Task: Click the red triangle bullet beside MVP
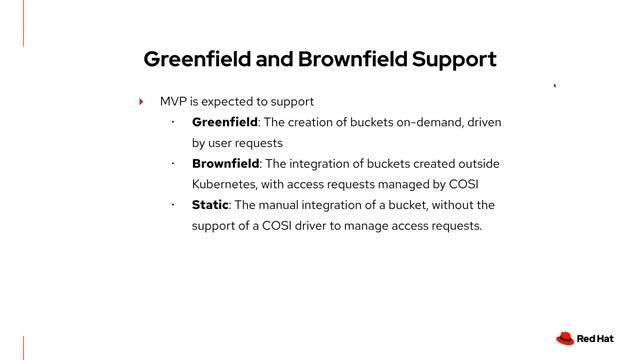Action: (142, 102)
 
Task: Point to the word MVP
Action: (173, 102)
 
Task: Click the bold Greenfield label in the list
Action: (225, 122)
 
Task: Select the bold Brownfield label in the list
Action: (226, 163)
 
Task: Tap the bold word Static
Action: (210, 205)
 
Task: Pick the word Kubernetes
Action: (226, 184)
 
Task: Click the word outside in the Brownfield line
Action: (479, 163)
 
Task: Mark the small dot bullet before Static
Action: (172, 204)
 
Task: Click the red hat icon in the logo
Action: (565, 338)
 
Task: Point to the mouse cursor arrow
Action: (555, 86)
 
